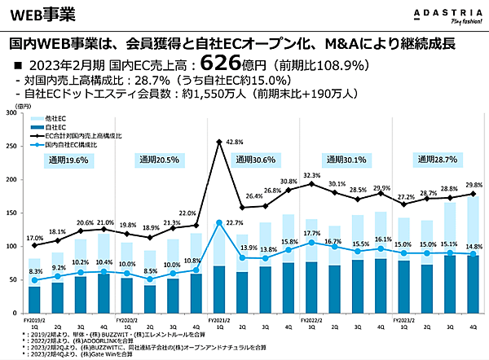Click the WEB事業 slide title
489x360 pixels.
coord(42,13)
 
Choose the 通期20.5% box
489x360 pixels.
coord(159,160)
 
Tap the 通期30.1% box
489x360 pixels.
coord(344,160)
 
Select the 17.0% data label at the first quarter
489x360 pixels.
coord(35,239)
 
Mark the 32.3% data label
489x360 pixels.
coord(312,175)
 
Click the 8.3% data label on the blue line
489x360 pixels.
coord(34,271)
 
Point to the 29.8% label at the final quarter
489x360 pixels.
coord(473,185)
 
